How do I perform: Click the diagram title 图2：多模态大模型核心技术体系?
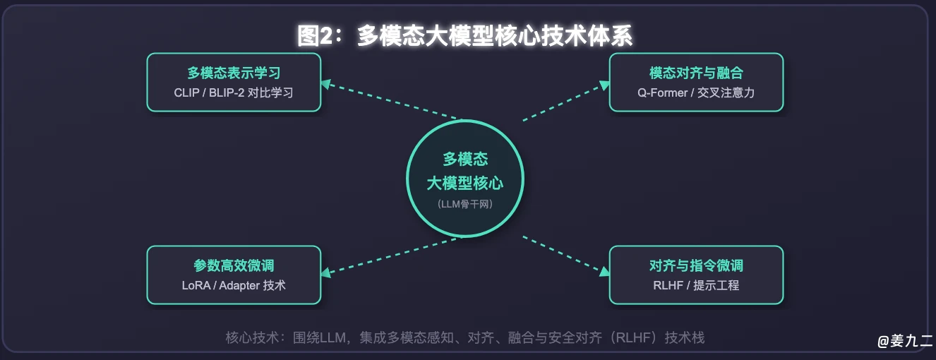click(x=464, y=35)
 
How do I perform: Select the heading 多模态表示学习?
click(x=234, y=73)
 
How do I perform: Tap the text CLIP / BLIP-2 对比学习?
click(x=234, y=92)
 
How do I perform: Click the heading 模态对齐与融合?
click(x=696, y=73)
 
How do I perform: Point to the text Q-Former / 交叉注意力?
click(x=696, y=92)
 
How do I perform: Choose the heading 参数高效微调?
click(x=234, y=265)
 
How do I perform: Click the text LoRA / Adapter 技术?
click(x=234, y=285)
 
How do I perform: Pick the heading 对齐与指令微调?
click(x=696, y=265)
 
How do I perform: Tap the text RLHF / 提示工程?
click(x=696, y=285)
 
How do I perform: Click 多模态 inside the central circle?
click(x=465, y=159)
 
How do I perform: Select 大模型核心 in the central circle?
click(x=465, y=184)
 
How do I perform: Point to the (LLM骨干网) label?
click(x=465, y=204)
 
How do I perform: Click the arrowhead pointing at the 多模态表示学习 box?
click(x=326, y=85)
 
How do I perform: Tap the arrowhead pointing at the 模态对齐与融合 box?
click(x=604, y=85)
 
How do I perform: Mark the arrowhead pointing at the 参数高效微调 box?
click(x=326, y=272)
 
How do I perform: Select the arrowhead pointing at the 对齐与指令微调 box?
click(x=604, y=272)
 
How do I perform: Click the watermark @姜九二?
click(x=905, y=341)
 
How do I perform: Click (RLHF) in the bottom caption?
click(x=633, y=337)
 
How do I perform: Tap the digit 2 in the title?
click(x=326, y=36)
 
